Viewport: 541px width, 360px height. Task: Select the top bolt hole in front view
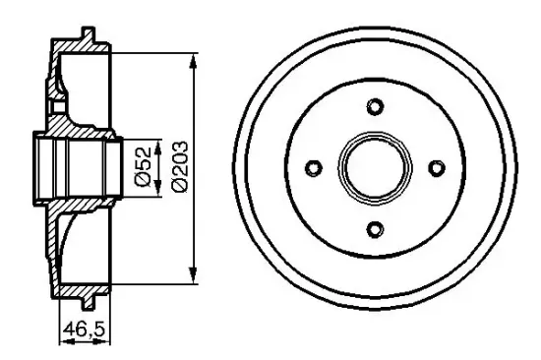pos(375,107)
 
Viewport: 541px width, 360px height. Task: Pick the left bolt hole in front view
pos(314,168)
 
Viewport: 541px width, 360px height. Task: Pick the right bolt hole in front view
pos(436,168)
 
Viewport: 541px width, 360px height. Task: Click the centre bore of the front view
pos(375,168)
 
